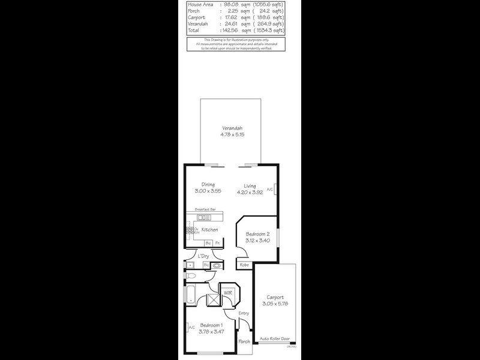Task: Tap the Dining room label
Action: (208, 184)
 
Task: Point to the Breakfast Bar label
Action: (205, 209)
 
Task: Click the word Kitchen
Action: (209, 230)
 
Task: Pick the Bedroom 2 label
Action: (257, 234)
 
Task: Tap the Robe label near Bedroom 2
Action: (244, 265)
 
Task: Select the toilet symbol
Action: (191, 276)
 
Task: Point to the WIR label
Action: (228, 292)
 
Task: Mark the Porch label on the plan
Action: (244, 341)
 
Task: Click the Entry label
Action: (243, 313)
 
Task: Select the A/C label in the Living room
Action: (269, 190)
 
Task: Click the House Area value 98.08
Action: (231, 4)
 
